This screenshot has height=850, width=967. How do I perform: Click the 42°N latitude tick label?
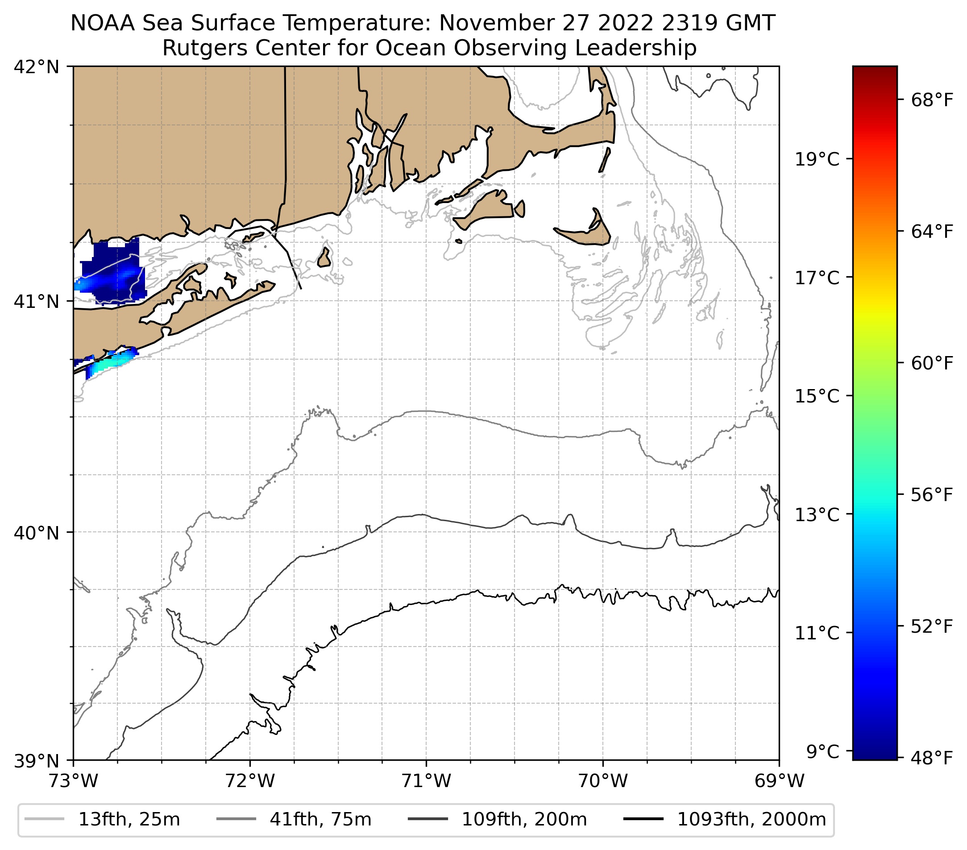37,67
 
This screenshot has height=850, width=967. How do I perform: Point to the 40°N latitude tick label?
37,533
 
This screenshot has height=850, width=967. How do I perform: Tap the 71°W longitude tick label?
426,781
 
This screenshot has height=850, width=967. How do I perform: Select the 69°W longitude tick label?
779,781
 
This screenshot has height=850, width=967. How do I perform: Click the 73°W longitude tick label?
73,781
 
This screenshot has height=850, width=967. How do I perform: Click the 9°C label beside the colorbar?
823,750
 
